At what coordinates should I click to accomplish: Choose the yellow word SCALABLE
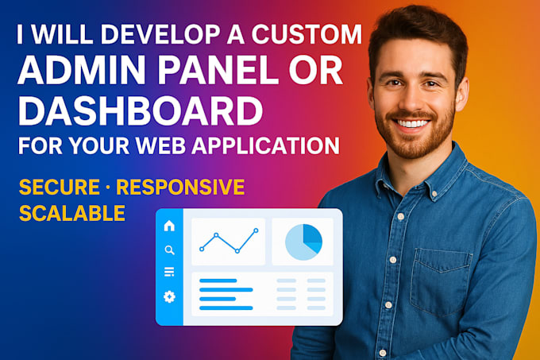coord(71,213)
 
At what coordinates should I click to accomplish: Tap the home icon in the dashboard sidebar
coord(168,226)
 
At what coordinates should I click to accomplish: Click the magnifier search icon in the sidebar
coord(168,250)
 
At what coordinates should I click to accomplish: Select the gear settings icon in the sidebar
coord(168,296)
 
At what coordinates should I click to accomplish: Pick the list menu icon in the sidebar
coord(168,273)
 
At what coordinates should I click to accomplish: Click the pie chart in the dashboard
coord(303,241)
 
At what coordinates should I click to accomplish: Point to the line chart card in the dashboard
coord(229,242)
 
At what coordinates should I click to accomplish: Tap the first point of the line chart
coord(202,249)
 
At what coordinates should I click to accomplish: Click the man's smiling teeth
coord(412,124)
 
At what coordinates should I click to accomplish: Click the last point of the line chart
coord(256,230)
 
